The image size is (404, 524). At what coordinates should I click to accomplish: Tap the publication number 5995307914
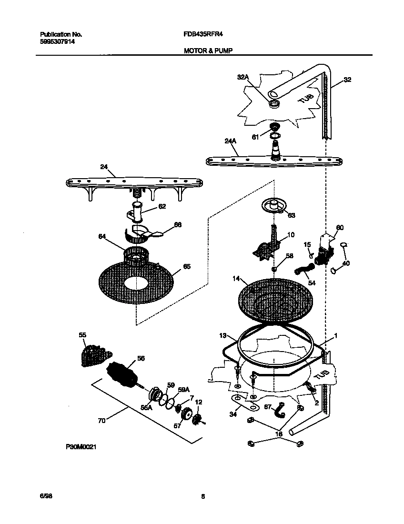coord(57,41)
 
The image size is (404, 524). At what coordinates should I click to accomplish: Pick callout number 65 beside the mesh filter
coord(186,267)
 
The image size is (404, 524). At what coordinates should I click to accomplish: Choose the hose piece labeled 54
coord(301,272)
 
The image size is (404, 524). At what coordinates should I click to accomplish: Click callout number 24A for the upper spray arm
coord(230,141)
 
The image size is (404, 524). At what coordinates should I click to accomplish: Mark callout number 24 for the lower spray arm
coord(104,168)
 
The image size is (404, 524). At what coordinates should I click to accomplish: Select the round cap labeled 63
coord(273,205)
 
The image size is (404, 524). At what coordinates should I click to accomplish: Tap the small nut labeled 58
coord(274,270)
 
